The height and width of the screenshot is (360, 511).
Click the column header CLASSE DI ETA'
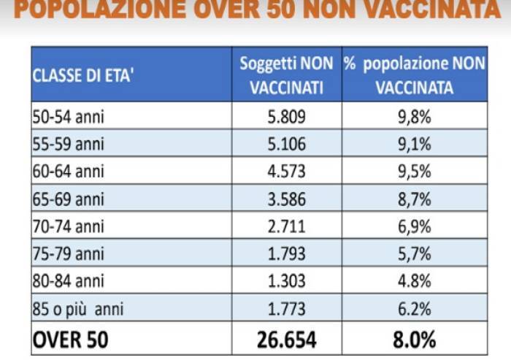pyautogui.click(x=82, y=74)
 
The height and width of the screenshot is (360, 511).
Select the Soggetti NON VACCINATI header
pyautogui.click(x=287, y=74)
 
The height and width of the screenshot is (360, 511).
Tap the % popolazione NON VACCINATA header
pyautogui.click(x=414, y=74)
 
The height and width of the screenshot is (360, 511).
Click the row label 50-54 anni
pyautogui.click(x=70, y=115)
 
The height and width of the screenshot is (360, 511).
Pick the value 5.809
pyautogui.click(x=287, y=115)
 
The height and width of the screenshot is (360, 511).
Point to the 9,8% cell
pyautogui.click(x=414, y=115)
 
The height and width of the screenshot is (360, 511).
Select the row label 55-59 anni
pyautogui.click(x=70, y=143)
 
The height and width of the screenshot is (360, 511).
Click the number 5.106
pyautogui.click(x=287, y=143)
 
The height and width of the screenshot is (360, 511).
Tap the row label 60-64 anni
pyautogui.click(x=70, y=171)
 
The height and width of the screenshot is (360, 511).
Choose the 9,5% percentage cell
pyautogui.click(x=414, y=171)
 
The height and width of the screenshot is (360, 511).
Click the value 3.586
pyautogui.click(x=287, y=199)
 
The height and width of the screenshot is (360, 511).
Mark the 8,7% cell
pyautogui.click(x=414, y=199)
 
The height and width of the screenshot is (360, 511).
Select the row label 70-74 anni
pyautogui.click(x=70, y=226)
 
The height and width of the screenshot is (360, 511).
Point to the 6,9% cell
pyautogui.click(x=414, y=226)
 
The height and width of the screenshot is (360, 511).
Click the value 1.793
pyautogui.click(x=287, y=253)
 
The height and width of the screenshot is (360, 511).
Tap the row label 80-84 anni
pyautogui.click(x=70, y=281)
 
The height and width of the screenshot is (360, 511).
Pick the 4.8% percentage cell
pyautogui.click(x=414, y=281)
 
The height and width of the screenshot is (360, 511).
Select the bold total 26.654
pyautogui.click(x=287, y=340)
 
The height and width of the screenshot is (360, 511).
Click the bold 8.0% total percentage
pyautogui.click(x=414, y=340)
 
